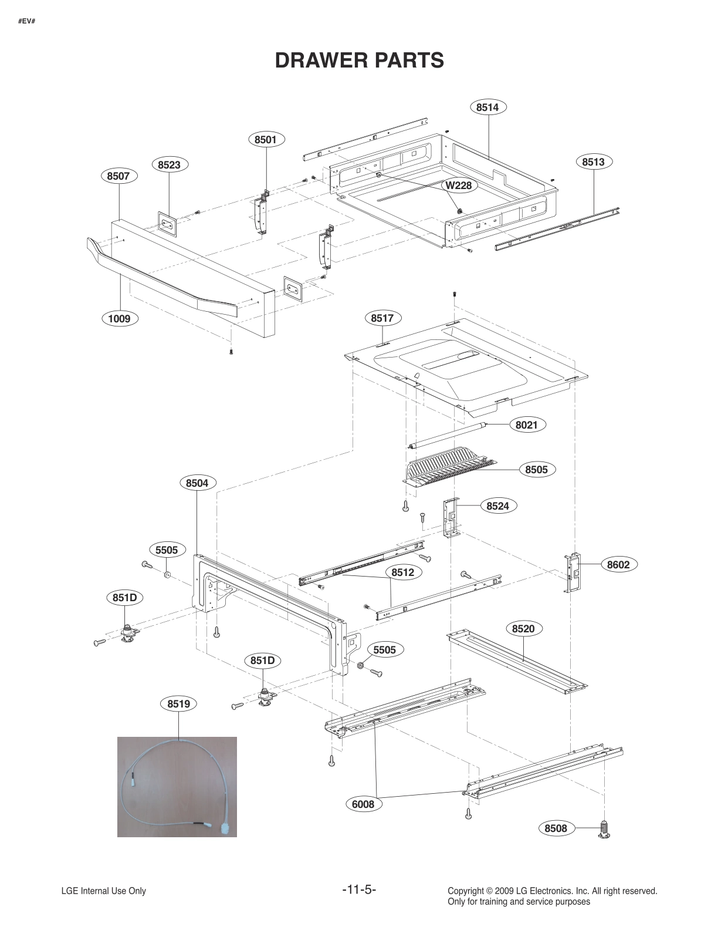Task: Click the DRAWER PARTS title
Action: coord(359,60)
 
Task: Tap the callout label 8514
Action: coord(487,107)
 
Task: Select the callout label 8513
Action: coord(593,161)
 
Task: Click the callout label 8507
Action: coord(119,176)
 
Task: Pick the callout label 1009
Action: coord(119,319)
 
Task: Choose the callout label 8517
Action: coord(382,318)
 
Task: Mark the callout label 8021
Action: coord(526,424)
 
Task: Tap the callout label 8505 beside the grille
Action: coord(536,469)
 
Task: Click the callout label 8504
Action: coord(197,483)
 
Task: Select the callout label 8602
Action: coord(618,565)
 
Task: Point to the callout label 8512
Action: coord(403,572)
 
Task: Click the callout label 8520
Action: coord(523,629)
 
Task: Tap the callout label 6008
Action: coord(363,804)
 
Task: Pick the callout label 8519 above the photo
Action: coord(178,703)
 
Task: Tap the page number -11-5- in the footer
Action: coord(358,889)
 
